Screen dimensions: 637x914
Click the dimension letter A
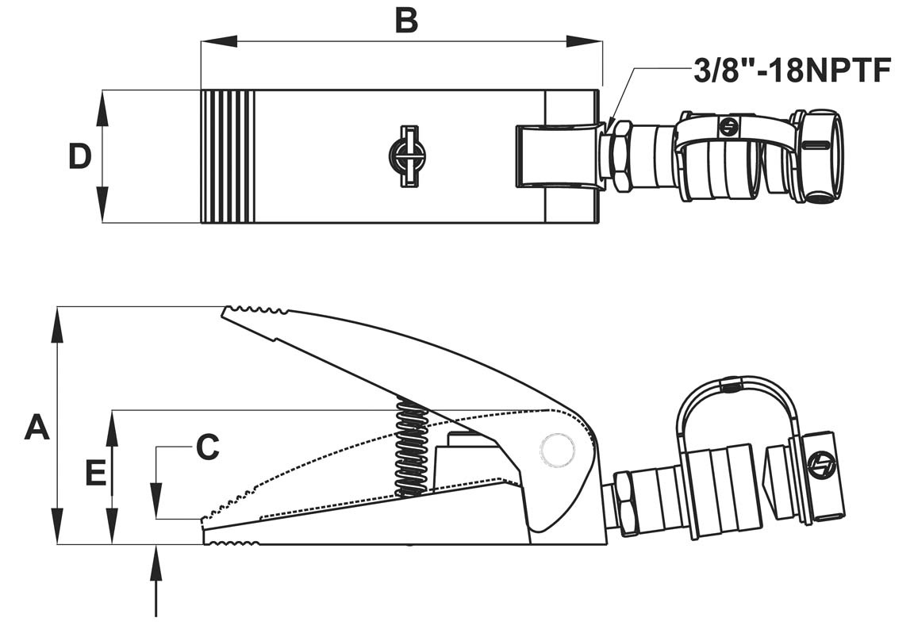(x=36, y=428)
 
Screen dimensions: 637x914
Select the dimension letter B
(x=405, y=21)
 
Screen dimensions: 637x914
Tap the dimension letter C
(x=207, y=447)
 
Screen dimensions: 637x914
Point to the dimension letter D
(x=79, y=157)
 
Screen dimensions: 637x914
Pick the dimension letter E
(x=95, y=474)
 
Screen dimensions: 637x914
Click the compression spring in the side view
(x=411, y=448)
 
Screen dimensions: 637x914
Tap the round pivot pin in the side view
(x=557, y=449)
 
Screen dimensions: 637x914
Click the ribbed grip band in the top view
(x=228, y=156)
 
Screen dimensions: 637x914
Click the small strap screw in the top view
(x=727, y=125)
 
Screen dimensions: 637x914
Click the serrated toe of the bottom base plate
(x=231, y=543)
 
